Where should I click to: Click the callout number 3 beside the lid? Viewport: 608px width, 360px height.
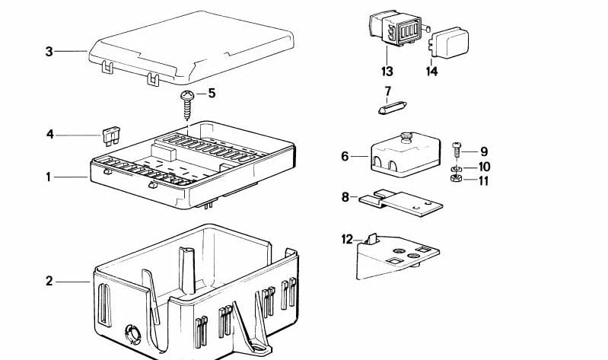(49, 51)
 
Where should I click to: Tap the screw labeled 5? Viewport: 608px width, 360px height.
(187, 105)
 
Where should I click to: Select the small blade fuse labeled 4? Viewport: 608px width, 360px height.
(111, 136)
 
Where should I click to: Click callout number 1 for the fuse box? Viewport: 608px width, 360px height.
(49, 177)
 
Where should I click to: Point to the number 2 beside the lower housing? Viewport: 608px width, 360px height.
(49, 281)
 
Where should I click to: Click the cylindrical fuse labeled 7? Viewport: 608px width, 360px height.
(393, 107)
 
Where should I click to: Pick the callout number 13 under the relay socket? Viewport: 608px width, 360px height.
(387, 72)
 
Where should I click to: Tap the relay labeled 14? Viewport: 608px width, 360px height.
(449, 43)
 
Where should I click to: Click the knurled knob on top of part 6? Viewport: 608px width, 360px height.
(406, 136)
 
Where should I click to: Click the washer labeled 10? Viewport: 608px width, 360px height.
(456, 169)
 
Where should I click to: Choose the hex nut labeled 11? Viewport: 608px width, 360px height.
(456, 178)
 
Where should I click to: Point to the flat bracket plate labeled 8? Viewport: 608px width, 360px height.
(401, 203)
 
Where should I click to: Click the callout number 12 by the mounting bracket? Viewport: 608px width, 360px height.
(347, 239)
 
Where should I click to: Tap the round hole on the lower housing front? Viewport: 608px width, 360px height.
(132, 334)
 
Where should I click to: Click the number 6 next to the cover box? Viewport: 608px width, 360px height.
(345, 156)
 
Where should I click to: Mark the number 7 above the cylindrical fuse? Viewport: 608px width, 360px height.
(388, 91)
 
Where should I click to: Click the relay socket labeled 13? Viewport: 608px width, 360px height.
(396, 28)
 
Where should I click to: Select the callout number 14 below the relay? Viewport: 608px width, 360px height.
(431, 72)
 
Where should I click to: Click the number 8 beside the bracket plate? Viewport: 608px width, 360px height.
(345, 197)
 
